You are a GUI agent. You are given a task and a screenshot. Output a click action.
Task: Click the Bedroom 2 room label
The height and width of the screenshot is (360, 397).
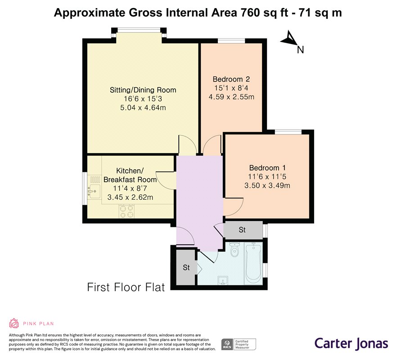pyautogui.click(x=231, y=79)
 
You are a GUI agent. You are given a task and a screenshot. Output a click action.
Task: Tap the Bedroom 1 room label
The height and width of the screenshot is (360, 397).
pyautogui.click(x=267, y=168)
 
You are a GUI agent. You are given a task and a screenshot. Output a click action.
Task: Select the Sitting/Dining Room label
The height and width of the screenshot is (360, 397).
pyautogui.click(x=143, y=90)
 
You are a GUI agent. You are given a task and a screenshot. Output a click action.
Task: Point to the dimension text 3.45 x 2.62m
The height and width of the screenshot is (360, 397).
pyautogui.click(x=130, y=197)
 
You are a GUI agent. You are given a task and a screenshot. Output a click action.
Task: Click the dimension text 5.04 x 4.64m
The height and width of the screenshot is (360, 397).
pyautogui.click(x=143, y=108)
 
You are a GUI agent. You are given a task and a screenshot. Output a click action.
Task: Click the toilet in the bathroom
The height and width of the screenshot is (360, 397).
pyautogui.click(x=235, y=249)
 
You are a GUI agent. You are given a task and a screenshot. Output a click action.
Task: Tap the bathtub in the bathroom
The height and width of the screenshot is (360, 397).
pyautogui.click(x=253, y=263)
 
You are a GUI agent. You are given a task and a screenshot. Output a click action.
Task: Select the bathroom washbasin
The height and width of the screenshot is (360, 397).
pyautogui.click(x=223, y=280)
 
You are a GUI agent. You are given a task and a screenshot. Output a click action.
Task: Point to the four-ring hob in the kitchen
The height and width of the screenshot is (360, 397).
pyautogui.click(x=126, y=211)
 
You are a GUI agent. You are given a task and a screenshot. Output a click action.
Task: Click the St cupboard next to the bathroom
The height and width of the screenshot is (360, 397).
pyautogui.click(x=186, y=267)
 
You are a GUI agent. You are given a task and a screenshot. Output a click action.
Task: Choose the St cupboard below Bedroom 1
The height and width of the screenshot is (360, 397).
pyautogui.click(x=243, y=229)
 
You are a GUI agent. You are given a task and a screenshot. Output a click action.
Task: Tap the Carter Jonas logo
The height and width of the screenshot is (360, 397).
pyautogui.click(x=351, y=344)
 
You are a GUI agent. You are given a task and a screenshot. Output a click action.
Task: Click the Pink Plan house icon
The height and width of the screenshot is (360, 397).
pyautogui.click(x=14, y=323)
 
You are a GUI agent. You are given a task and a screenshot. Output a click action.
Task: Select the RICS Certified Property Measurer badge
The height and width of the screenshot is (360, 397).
pyautogui.click(x=239, y=345)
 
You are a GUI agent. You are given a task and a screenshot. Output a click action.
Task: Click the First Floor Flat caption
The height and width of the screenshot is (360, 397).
pyautogui.click(x=126, y=288)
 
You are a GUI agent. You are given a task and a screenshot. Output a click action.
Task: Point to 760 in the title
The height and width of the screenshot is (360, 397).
pyautogui.click(x=250, y=13)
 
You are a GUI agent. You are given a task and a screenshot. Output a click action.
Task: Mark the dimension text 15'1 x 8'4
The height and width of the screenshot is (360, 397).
pyautogui.click(x=231, y=88)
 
